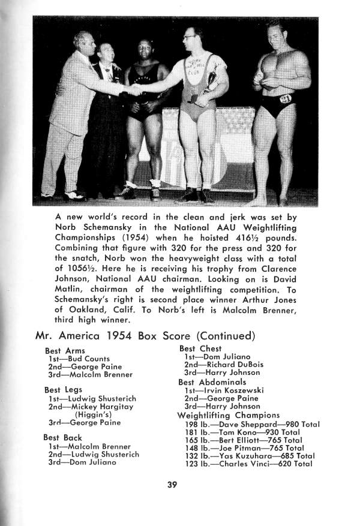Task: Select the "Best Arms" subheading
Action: coord(65,350)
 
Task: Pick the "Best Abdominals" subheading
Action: coord(212,381)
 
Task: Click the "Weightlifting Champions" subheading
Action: coord(228,415)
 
